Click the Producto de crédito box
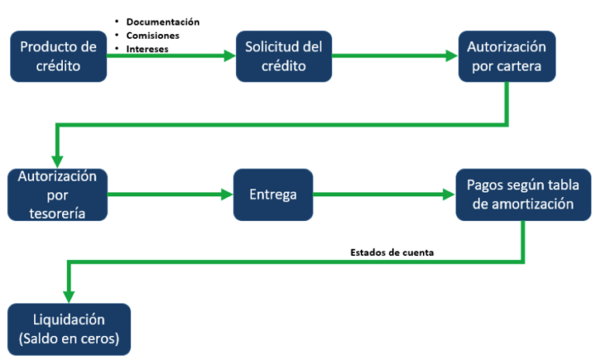(x=58, y=56)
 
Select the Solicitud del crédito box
(x=283, y=56)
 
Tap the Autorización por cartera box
(x=506, y=56)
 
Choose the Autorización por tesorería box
(x=58, y=194)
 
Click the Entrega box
(x=273, y=194)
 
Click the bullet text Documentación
(x=163, y=22)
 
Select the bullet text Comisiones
(x=153, y=35)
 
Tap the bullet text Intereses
(x=147, y=48)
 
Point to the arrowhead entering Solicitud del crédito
(x=230, y=56)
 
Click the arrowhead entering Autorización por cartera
(x=452, y=56)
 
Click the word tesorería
(x=58, y=212)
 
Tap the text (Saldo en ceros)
(x=68, y=339)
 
